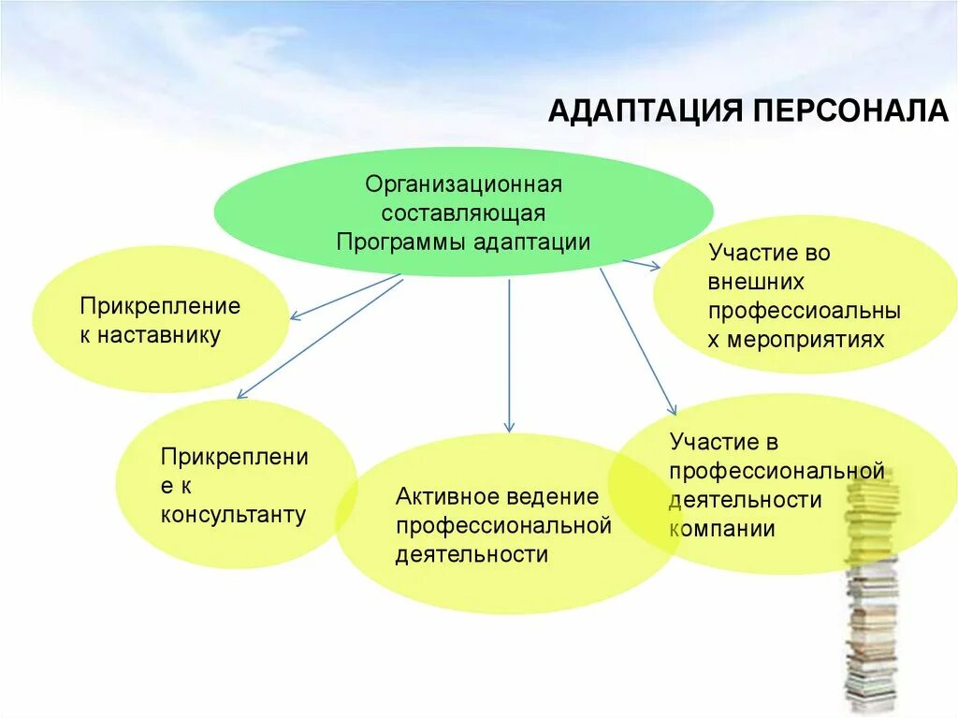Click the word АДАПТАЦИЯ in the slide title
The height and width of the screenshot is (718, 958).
pos(640,111)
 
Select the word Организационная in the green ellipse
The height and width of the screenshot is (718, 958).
pos(463,183)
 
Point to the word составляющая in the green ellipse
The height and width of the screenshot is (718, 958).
pos(463,212)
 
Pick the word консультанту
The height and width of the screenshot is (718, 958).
pos(233,515)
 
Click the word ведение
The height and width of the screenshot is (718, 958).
pos(553,496)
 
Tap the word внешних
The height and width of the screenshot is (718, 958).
pos(756,282)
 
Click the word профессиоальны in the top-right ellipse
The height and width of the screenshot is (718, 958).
pos(804,311)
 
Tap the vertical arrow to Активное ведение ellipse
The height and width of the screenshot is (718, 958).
pos(509,356)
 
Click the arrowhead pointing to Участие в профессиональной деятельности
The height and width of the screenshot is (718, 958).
pos(672,408)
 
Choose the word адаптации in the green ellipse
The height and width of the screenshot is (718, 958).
pos(531,242)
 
